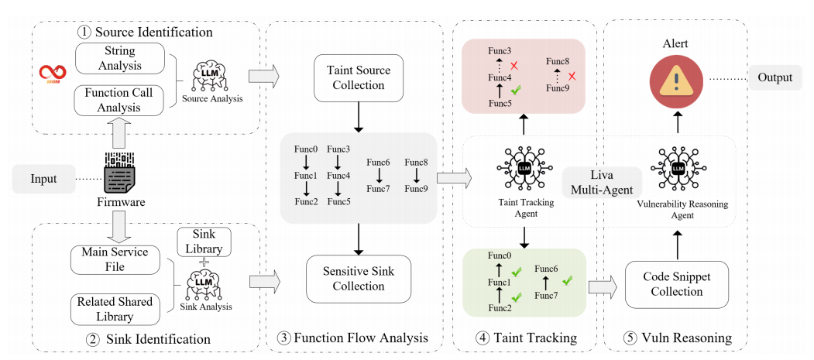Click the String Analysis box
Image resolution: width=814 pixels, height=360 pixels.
click(x=121, y=59)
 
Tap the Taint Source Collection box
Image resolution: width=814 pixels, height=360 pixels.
click(x=358, y=77)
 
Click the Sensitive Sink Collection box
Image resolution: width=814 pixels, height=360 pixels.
click(x=358, y=278)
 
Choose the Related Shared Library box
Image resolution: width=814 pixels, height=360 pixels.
click(x=114, y=307)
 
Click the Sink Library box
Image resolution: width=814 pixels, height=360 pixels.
click(x=204, y=242)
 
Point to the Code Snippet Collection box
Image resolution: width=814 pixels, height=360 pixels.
click(x=678, y=284)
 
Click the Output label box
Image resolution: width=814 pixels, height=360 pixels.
click(x=775, y=77)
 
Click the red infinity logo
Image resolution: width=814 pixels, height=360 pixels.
click(x=53, y=72)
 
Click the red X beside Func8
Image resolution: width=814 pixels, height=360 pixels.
click(x=572, y=76)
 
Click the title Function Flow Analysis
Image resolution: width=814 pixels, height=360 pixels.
click(x=358, y=338)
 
